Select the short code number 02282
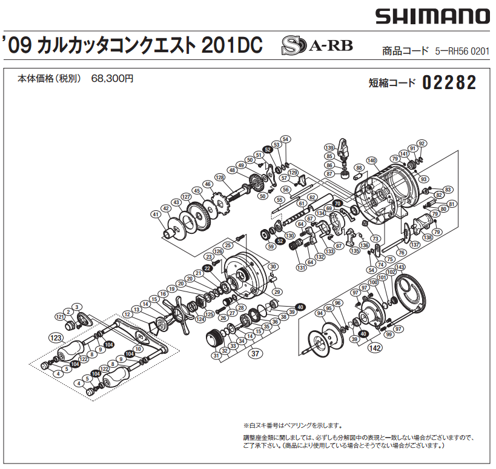[x=449, y=83]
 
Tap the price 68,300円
[x=113, y=79]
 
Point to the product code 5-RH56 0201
[x=461, y=52]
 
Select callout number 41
[x=156, y=215]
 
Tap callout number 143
[x=400, y=267]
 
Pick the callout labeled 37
[x=256, y=354]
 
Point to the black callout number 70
[x=337, y=203]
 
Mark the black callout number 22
[x=207, y=267]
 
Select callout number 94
[x=320, y=313]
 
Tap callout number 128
[x=220, y=177]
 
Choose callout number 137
[x=415, y=244]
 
